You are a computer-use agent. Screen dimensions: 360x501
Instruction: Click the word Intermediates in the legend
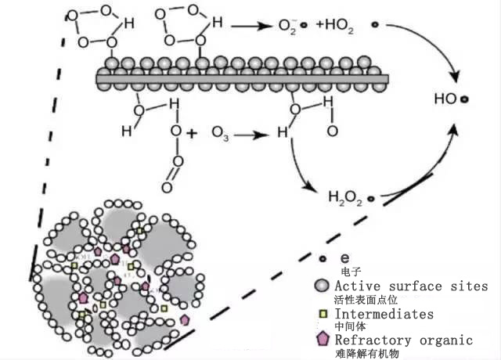point(384,314)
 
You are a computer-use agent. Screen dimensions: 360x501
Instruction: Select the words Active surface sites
point(411,286)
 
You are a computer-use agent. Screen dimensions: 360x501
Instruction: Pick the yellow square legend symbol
point(321,314)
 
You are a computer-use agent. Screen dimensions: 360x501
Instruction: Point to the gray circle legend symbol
point(321,286)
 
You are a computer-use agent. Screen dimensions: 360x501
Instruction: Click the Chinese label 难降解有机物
point(365,353)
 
